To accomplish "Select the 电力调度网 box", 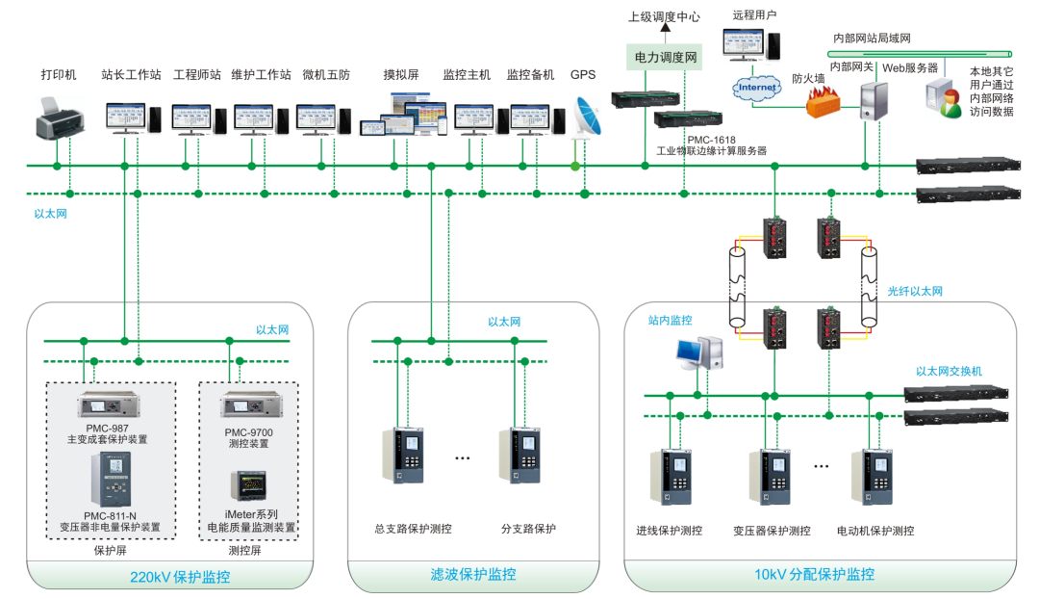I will (x=664, y=58).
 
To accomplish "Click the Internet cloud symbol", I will (x=756, y=88).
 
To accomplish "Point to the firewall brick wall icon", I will (x=824, y=100).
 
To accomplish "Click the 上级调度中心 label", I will (x=664, y=16).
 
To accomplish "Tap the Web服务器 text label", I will (x=910, y=67).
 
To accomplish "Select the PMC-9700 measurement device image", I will (x=248, y=404).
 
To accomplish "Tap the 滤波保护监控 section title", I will (x=472, y=575).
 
